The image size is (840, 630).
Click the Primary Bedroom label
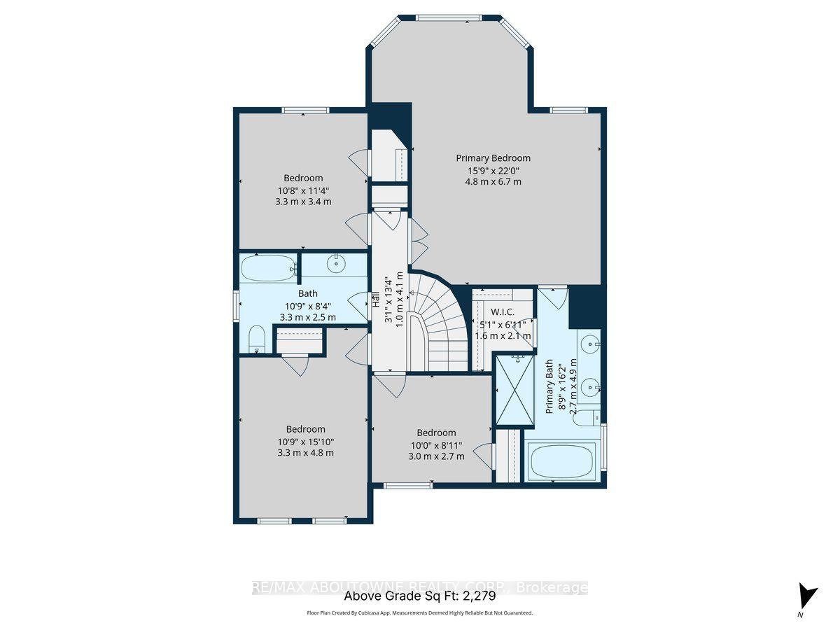tap(493, 158)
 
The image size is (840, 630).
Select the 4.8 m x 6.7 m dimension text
tap(493, 182)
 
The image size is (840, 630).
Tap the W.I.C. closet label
tap(503, 312)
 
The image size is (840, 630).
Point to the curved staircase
tap(437, 322)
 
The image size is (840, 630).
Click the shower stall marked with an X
tap(514, 390)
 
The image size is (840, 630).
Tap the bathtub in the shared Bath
tap(268, 267)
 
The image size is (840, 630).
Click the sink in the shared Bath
tap(337, 263)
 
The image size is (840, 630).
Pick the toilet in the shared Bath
tap(256, 339)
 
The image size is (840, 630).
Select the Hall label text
tap(376, 299)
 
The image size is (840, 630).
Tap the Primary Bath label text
tap(549, 386)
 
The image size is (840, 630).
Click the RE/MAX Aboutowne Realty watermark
tap(419, 587)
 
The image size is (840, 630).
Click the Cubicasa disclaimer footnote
tap(419, 612)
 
